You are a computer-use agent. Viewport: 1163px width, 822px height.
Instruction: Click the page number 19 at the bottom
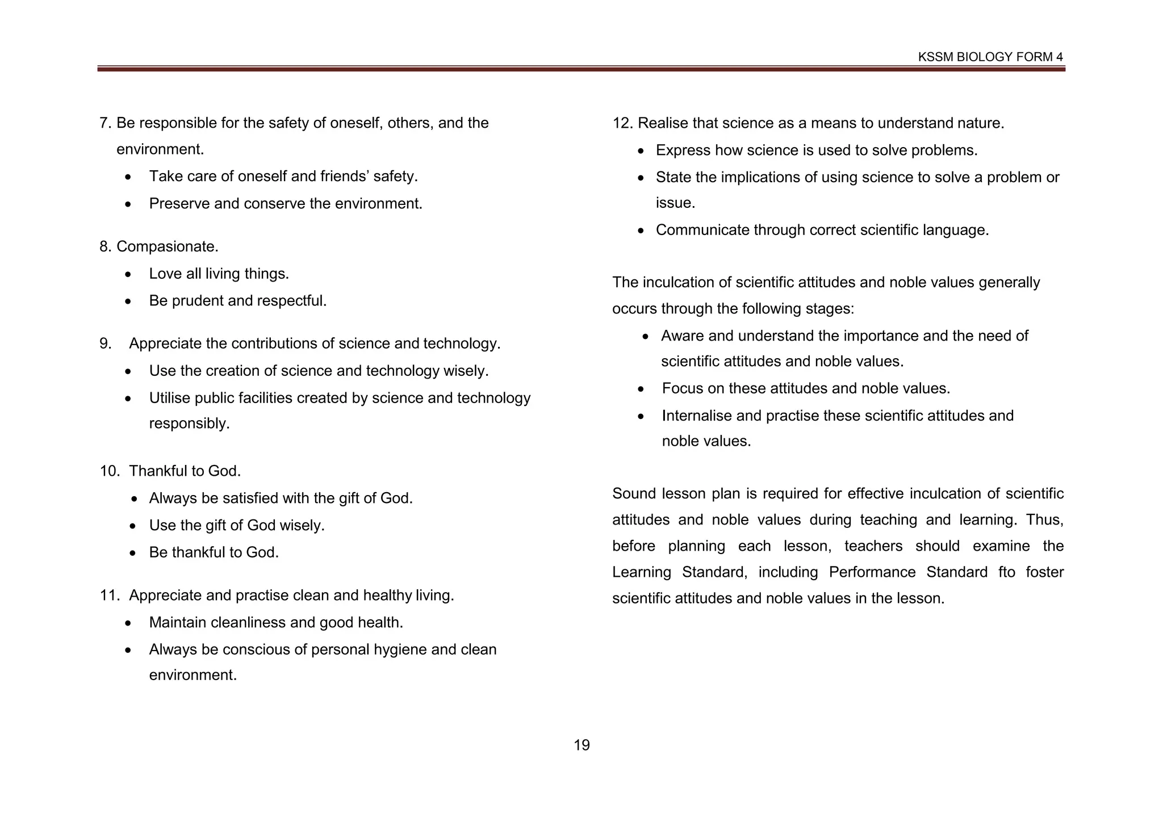[x=581, y=745]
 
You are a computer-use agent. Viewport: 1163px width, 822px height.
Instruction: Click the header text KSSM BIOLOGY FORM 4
[x=990, y=57]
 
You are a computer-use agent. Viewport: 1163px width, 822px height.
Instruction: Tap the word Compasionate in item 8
[x=166, y=246]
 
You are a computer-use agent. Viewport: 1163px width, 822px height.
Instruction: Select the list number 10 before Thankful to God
[x=109, y=471]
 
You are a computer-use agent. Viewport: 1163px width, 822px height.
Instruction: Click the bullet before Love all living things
[x=129, y=275]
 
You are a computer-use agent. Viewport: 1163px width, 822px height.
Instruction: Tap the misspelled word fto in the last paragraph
[x=1006, y=572]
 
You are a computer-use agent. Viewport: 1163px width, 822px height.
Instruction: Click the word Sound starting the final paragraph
[x=633, y=493]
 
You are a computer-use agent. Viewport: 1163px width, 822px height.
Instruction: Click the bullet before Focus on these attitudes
[x=641, y=389]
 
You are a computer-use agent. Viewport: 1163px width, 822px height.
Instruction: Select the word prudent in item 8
[x=197, y=300]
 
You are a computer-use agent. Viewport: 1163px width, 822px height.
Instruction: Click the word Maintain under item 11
[x=177, y=622]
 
